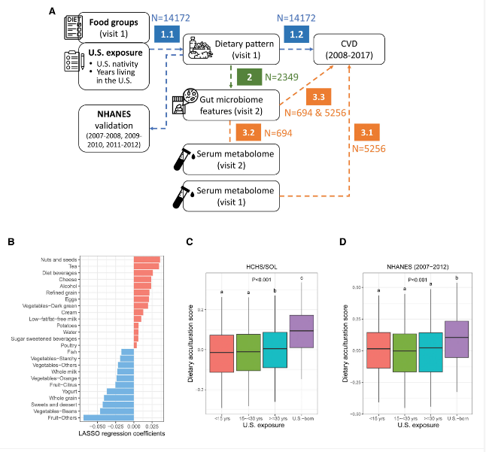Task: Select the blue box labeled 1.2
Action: pyautogui.click(x=295, y=34)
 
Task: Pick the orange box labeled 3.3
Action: pyautogui.click(x=317, y=97)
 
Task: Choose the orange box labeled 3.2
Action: pyautogui.click(x=249, y=132)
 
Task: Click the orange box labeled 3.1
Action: pyautogui.click(x=366, y=132)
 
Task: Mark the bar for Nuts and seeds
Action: pyautogui.click(x=147, y=259)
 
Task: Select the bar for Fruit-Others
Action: pyautogui.click(x=108, y=417)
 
